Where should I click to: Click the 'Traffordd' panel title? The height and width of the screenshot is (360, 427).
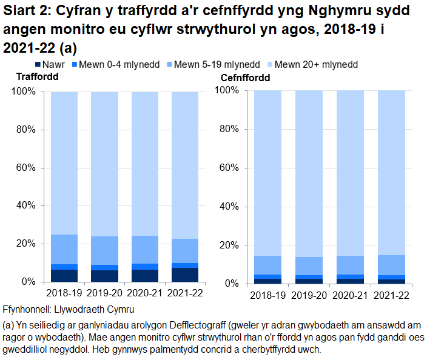pyautogui.click(x=37, y=77)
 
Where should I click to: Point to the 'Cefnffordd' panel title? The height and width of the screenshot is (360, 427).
pyautogui.click(x=246, y=78)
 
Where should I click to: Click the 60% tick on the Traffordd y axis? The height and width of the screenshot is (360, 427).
pyautogui.click(x=25, y=168)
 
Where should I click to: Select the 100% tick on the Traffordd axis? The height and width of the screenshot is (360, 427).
pyautogui.click(x=23, y=92)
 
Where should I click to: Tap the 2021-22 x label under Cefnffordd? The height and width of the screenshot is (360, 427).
pyautogui.click(x=391, y=296)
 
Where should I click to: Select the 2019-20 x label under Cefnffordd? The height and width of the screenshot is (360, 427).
pyautogui.click(x=309, y=296)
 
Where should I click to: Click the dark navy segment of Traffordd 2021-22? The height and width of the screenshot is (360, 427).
pyautogui.click(x=185, y=275)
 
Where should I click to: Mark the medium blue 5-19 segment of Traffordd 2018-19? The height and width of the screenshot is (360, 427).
pyautogui.click(x=64, y=249)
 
